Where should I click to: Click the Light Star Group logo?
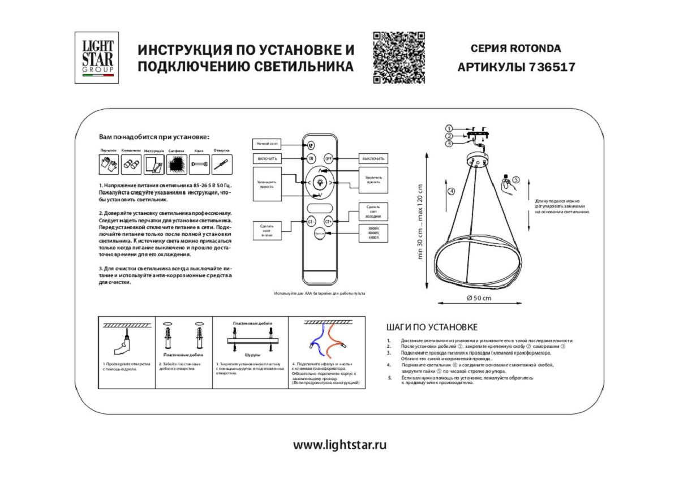97,57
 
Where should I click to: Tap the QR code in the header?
399,58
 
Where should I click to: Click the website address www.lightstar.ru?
339,445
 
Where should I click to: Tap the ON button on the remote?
311,158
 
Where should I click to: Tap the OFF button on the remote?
328,158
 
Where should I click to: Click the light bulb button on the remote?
320,183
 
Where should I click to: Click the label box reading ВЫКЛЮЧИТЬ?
373,158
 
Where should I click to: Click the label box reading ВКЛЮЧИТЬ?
267,158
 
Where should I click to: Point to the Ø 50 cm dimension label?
478,298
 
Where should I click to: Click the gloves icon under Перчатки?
109,165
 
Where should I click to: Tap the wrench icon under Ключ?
199,165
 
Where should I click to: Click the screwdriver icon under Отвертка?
222,165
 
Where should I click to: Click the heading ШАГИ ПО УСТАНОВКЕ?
432,327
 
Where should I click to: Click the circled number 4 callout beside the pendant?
451,191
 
